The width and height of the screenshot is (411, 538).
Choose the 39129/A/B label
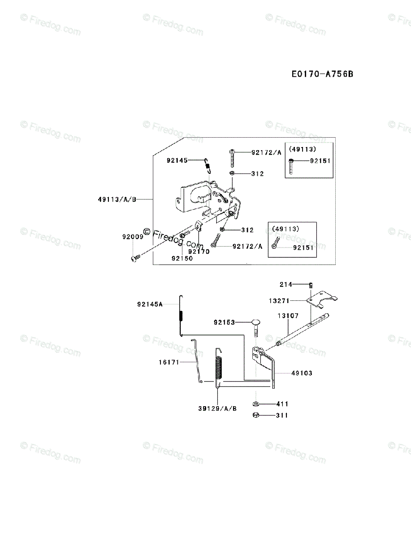click(217, 408)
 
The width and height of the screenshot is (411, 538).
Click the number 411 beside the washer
click(282, 404)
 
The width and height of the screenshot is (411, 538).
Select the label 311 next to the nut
click(282, 416)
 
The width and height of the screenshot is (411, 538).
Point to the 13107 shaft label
click(288, 316)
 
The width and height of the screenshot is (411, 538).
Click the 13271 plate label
click(279, 301)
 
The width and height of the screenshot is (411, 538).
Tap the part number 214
click(286, 284)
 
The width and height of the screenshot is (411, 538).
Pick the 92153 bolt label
click(224, 322)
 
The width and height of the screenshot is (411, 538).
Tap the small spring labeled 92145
click(208, 165)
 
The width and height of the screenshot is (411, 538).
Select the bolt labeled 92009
click(136, 258)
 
